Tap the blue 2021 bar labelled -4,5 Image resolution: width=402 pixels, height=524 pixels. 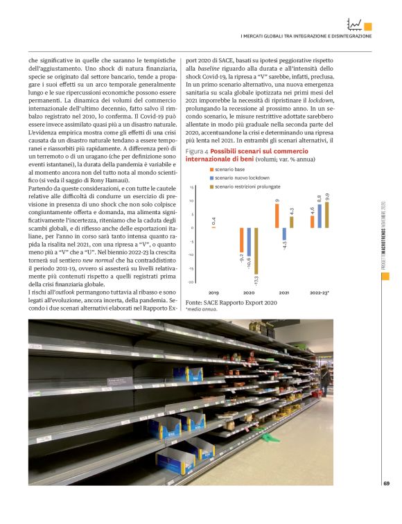pyautogui.click(x=283, y=234)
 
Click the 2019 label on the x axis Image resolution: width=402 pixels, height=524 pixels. pyautogui.click(x=213, y=293)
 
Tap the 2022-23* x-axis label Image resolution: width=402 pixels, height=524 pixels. pyautogui.click(x=319, y=293)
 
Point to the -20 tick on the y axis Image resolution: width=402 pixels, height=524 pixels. pyautogui.click(x=191, y=281)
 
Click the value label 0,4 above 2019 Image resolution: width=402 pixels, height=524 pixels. pyautogui.click(x=213, y=221)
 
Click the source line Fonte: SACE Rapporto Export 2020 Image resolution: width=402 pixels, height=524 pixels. pyautogui.click(x=231, y=303)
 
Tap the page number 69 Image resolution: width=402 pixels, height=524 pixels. pyautogui.click(x=386, y=482)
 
